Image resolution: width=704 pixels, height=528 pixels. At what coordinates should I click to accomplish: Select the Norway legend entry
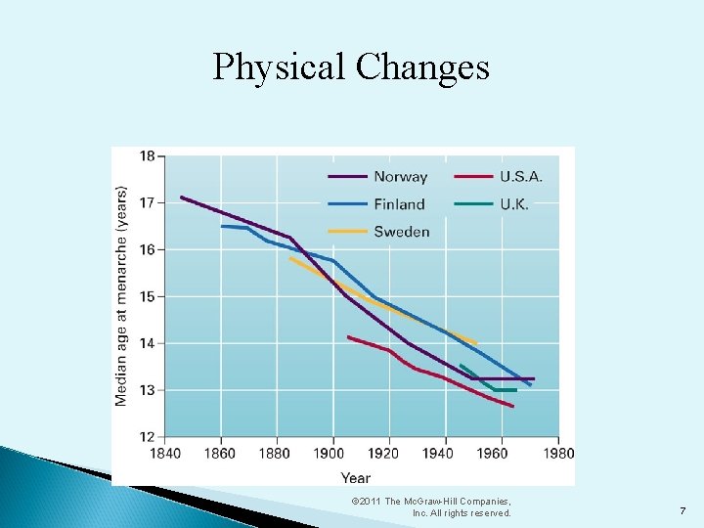coord(400,177)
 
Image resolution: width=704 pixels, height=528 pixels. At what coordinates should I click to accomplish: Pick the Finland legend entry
coord(399,204)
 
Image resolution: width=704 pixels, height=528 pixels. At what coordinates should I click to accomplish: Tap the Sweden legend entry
coord(401,232)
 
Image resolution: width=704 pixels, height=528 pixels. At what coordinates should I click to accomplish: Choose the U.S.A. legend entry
coord(520,177)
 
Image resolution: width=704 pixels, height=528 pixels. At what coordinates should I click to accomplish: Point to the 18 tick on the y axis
coord(147,155)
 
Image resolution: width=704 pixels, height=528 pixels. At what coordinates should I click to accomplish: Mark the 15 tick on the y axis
coord(147,296)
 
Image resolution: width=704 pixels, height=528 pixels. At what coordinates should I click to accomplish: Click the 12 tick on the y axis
coord(147,436)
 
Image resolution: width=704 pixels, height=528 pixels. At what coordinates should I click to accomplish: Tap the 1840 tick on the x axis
coord(166,454)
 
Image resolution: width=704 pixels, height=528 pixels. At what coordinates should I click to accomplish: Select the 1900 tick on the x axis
coord(333,454)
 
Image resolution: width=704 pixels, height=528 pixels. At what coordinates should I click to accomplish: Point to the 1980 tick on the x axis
coord(558,454)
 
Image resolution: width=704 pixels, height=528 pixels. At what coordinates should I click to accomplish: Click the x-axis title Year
coord(356,477)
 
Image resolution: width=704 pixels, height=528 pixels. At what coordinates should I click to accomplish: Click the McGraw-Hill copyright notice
coord(431,506)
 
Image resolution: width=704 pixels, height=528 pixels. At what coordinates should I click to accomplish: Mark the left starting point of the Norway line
coord(181,197)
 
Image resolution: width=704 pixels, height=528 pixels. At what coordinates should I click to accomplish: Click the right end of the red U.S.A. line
coord(513,406)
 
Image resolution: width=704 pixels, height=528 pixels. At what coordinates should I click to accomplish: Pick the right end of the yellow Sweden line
coord(476,343)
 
